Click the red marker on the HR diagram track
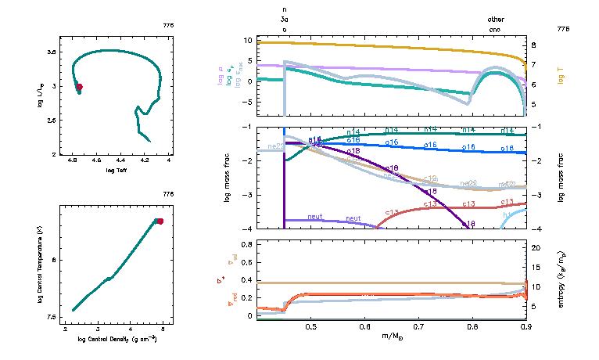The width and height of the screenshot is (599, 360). (x=79, y=87)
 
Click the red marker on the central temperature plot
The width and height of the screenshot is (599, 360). (x=160, y=221)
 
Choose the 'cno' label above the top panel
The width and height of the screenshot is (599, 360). (x=495, y=29)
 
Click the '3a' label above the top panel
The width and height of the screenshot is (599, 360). (x=285, y=21)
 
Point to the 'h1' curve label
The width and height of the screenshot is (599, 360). (x=508, y=214)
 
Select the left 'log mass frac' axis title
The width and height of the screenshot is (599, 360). (x=228, y=178)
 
